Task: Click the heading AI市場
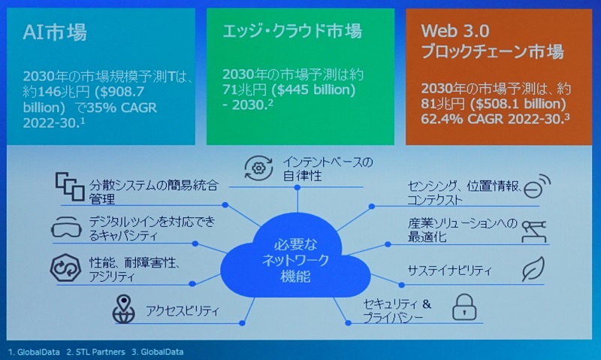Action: tap(55, 32)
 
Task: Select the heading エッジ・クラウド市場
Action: tap(292, 31)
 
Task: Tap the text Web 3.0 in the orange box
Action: tap(455, 31)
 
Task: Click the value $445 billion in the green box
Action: tap(313, 89)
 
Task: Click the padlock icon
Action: tap(464, 307)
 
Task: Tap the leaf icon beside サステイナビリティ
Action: tap(533, 269)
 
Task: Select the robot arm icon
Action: tap(534, 231)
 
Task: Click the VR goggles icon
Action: tap(66, 227)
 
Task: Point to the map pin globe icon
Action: tap(123, 309)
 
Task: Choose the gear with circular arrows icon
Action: tap(258, 168)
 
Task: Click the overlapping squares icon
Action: tap(70, 186)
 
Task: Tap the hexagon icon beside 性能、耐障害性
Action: tap(65, 268)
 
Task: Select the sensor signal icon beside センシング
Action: tap(537, 186)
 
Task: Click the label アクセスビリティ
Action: tap(182, 310)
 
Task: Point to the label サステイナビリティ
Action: tap(449, 271)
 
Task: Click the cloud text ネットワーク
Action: tap(295, 261)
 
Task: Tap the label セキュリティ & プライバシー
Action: tap(397, 311)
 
